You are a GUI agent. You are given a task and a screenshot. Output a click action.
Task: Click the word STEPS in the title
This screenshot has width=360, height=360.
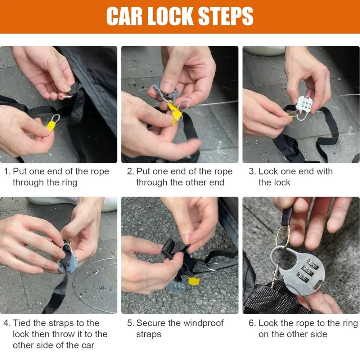coord(225,16)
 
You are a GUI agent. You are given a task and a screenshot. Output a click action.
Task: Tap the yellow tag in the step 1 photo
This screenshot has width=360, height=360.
coord(51,126)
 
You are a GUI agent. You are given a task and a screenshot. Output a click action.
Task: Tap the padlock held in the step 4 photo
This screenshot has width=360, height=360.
coord(68,260)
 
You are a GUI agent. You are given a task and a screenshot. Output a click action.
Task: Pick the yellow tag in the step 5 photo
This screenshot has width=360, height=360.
coord(193,281)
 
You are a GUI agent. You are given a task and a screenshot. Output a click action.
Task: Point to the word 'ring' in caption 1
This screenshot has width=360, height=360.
coord(69,183)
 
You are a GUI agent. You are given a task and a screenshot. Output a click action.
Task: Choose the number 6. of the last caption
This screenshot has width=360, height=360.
coord(252,323)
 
